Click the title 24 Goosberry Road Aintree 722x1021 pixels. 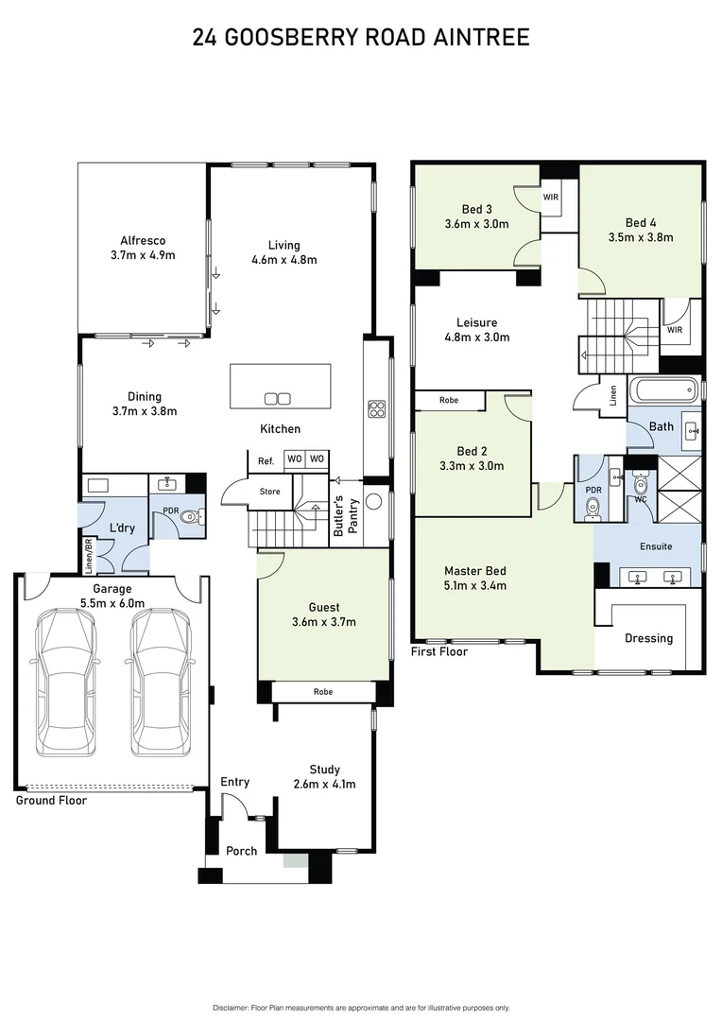pos(360,38)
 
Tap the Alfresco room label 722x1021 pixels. pos(143,241)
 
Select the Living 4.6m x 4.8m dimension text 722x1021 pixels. pos(284,260)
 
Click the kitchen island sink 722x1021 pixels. pos(278,398)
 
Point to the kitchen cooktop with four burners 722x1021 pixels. pos(376,408)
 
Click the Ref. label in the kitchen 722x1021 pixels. pos(266,460)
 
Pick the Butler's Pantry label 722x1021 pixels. pos(346,517)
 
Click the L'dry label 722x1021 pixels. pos(120,527)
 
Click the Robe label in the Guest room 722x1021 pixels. pos(323,692)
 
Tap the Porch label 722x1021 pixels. pos(241,851)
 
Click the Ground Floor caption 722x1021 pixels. pos(51,801)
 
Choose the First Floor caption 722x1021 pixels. pos(439,651)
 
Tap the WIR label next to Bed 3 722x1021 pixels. pos(551,198)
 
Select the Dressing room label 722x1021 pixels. pos(648,638)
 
